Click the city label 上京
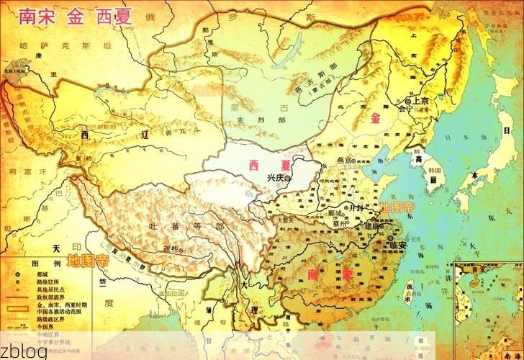point(420,102)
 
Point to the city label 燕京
point(345,160)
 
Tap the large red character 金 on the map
point(376,120)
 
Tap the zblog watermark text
point(23,351)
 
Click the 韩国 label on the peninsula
point(434,171)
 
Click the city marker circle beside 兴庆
point(287,178)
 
